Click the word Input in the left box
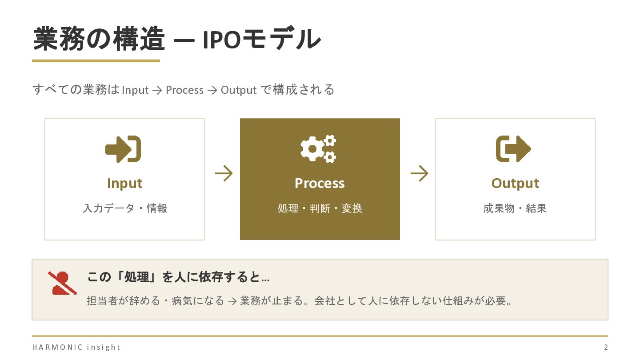124,184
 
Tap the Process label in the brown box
320,184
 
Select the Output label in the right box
515,184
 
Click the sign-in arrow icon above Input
123,149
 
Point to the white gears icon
318,149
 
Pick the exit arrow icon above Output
513,149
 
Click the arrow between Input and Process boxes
224,173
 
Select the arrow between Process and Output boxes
419,173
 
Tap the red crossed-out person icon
62,283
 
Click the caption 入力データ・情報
125,208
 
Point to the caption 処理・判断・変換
320,208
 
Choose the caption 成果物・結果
515,208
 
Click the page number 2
606,347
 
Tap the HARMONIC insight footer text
76,347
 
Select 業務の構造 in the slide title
99,39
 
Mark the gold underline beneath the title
96,61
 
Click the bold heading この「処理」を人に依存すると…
179,278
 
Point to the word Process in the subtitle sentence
184,90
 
